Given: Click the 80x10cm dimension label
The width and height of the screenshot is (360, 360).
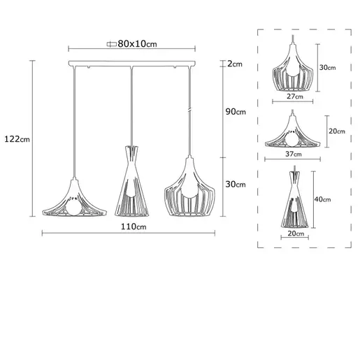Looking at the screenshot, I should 138,43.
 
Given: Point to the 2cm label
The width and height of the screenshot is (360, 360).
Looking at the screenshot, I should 235,64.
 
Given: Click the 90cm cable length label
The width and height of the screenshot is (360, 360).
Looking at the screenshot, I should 237,112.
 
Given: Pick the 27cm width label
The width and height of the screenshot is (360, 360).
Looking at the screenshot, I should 294,96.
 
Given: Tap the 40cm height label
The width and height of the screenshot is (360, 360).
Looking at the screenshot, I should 323,199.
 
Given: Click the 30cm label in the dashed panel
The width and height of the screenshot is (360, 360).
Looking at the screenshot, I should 327,68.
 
